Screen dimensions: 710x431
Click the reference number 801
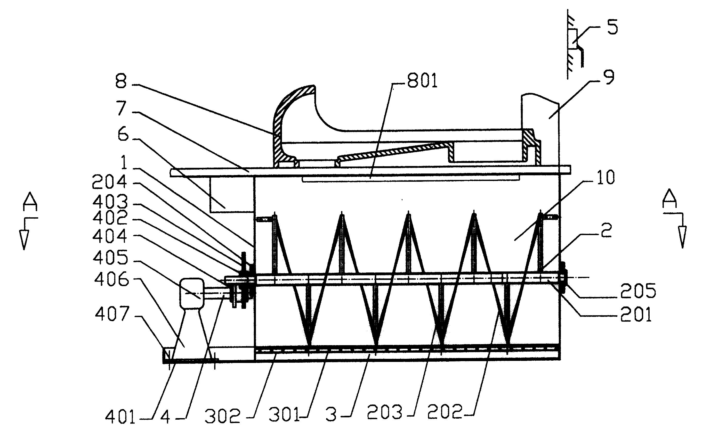point(422,81)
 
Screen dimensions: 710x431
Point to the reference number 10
point(606,178)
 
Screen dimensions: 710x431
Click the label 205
point(638,291)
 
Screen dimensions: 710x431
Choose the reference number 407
point(111,314)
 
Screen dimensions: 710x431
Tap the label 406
point(111,280)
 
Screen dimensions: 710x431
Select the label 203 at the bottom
point(384,412)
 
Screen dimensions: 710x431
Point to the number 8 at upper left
point(121,82)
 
